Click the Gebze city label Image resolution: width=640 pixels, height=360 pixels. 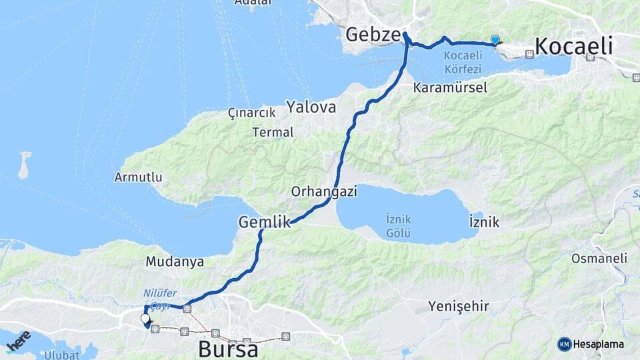(373, 35)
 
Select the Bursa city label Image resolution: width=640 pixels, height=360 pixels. (228, 349)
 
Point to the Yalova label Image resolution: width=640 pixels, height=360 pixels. (311, 106)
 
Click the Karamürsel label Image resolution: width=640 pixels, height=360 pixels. (450, 87)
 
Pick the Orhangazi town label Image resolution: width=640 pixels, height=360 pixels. (324, 191)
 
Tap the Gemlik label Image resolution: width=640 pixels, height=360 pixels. (265, 222)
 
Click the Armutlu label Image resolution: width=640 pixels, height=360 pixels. (139, 177)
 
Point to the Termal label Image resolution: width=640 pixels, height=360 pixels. (273, 132)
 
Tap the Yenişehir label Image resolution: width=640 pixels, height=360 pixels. (459, 307)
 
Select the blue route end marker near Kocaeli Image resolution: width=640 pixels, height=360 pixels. (495, 39)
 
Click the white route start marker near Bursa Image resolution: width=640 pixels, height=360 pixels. (145, 319)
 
